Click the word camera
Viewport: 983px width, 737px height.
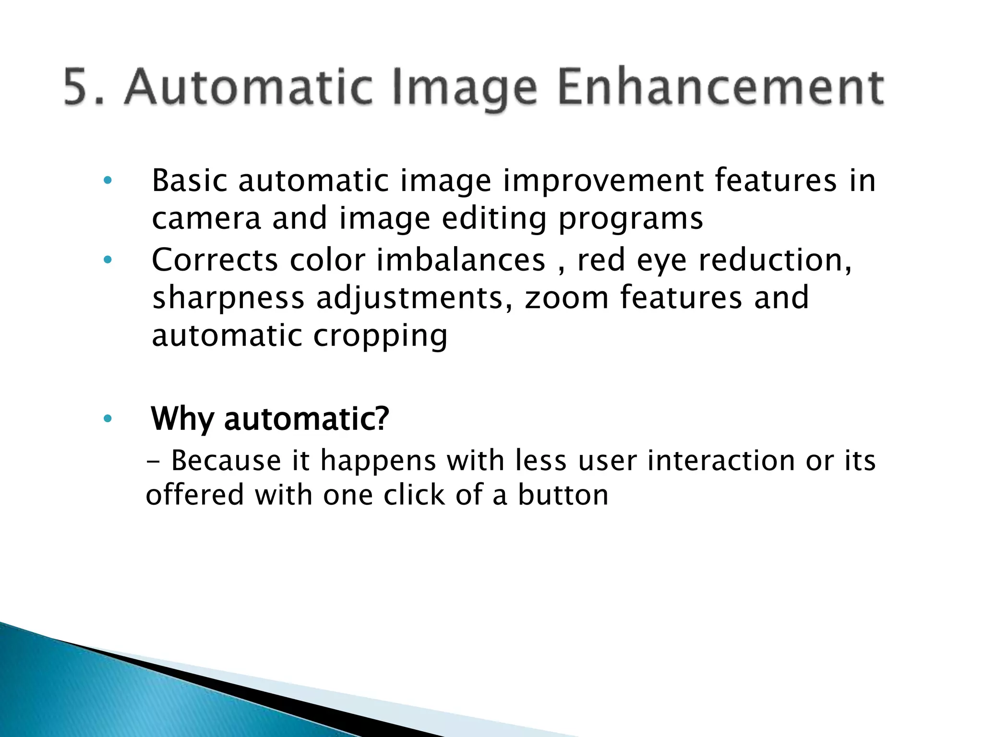point(206,219)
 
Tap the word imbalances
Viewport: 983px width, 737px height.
point(461,260)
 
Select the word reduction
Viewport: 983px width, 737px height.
point(775,260)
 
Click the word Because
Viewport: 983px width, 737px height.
point(226,461)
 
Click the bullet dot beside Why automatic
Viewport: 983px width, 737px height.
point(108,419)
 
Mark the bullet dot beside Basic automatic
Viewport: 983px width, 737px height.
point(108,181)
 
